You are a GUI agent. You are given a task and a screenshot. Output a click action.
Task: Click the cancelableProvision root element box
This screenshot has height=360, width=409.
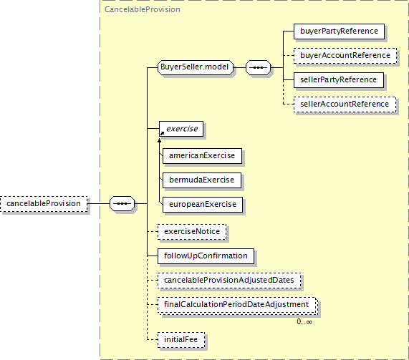44,203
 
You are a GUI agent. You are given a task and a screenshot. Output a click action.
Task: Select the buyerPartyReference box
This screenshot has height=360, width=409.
339,31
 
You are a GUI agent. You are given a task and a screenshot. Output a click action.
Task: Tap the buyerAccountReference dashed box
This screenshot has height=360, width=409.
345,56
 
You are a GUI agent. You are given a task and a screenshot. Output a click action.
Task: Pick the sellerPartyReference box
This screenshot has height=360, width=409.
339,80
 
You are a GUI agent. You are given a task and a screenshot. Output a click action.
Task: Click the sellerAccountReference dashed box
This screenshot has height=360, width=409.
345,104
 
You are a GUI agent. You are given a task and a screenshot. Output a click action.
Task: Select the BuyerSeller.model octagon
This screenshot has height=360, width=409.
196,67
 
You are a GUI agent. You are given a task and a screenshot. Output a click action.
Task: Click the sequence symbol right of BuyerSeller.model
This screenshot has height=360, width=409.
259,67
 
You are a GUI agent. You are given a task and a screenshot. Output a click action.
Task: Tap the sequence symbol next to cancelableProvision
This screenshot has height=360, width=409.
122,203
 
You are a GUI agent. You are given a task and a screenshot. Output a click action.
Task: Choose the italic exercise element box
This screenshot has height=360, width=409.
181,129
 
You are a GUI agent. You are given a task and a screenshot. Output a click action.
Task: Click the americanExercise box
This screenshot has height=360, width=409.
202,156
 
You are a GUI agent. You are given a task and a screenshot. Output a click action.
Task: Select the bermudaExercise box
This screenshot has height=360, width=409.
202,180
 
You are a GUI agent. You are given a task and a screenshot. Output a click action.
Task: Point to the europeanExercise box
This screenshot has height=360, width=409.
203,205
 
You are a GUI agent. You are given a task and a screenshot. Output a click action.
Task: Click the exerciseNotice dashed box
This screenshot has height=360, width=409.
192,232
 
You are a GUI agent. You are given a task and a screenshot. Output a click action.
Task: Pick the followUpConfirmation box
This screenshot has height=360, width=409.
206,256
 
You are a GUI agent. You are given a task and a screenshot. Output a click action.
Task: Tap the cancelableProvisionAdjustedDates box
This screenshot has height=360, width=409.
229,281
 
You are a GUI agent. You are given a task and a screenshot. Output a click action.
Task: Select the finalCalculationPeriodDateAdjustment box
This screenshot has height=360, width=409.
237,306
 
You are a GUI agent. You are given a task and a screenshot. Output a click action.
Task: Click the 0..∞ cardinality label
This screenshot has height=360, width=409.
304,321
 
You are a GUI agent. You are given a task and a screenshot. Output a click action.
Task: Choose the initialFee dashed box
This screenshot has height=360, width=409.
181,340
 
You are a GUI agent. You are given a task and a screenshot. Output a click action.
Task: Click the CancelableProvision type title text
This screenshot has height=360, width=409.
143,9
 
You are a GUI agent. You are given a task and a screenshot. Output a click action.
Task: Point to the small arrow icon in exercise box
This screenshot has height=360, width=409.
162,133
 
